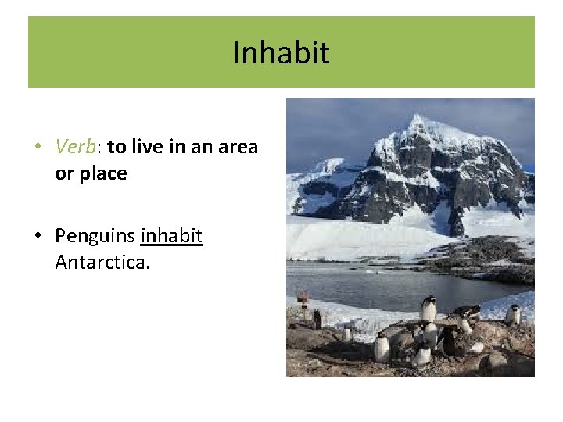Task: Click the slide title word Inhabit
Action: (x=281, y=53)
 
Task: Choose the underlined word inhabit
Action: (x=171, y=235)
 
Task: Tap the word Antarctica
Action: (x=102, y=262)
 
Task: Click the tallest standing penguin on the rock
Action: (x=428, y=309)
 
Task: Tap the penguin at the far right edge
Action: (x=514, y=313)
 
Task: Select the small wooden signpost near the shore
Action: (x=302, y=299)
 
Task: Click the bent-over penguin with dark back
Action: (x=466, y=312)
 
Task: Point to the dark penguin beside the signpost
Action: (x=317, y=318)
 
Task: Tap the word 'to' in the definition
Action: (x=117, y=146)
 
